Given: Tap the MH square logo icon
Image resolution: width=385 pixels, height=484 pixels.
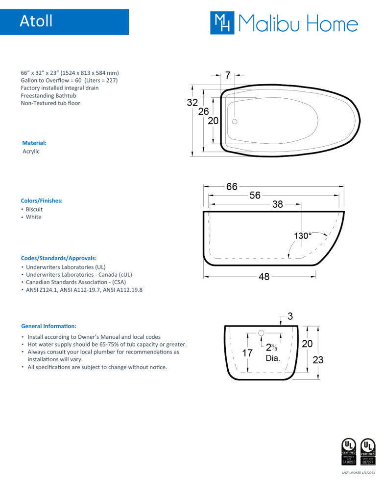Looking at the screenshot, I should [222, 23].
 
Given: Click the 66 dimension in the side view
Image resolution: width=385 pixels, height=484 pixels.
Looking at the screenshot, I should [232, 187].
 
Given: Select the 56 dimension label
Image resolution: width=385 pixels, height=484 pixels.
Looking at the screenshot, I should [255, 195].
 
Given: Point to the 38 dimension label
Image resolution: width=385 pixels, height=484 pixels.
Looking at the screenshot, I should [277, 204].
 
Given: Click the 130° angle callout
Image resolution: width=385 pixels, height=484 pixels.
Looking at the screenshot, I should [302, 236].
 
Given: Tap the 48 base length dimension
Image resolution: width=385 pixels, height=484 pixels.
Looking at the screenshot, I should [264, 277].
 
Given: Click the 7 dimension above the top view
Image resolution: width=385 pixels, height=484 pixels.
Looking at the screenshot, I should [228, 75].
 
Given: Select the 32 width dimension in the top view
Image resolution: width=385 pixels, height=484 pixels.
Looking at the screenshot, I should [192, 103].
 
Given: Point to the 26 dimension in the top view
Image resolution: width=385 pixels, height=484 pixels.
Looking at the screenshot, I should [203, 111].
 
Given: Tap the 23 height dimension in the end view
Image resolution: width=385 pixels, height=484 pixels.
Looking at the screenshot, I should [318, 360].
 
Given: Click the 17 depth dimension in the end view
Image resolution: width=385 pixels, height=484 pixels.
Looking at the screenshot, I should [247, 352].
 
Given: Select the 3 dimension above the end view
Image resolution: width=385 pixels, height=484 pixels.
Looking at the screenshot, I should [290, 316].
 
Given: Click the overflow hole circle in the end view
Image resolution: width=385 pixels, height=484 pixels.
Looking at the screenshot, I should [261, 333].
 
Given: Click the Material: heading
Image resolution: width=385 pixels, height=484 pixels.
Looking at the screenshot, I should [34, 143].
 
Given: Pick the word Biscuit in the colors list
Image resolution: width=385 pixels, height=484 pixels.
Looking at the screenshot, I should [34, 209].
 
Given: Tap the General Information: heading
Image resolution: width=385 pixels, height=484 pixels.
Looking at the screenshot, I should [48, 326].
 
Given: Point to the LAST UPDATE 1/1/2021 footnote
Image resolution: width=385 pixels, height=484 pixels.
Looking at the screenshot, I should [358, 473].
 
